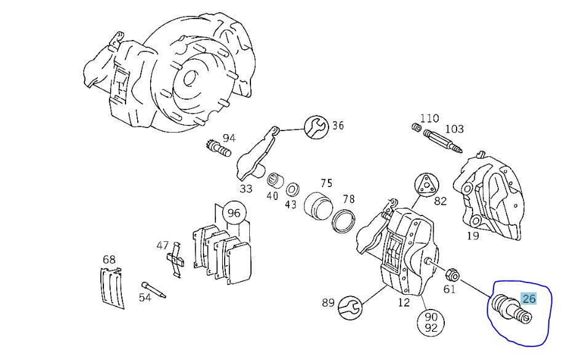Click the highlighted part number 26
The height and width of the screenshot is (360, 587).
point(529,299)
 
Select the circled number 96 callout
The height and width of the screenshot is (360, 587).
point(234,214)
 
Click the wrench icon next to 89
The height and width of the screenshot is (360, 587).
point(351,306)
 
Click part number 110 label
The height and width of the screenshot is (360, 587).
point(429,118)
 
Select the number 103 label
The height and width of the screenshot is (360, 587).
point(454,129)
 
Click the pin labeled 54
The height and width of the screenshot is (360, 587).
point(153,288)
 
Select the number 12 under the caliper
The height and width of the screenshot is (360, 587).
point(404,303)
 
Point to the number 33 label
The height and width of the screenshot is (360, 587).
point(246,188)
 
